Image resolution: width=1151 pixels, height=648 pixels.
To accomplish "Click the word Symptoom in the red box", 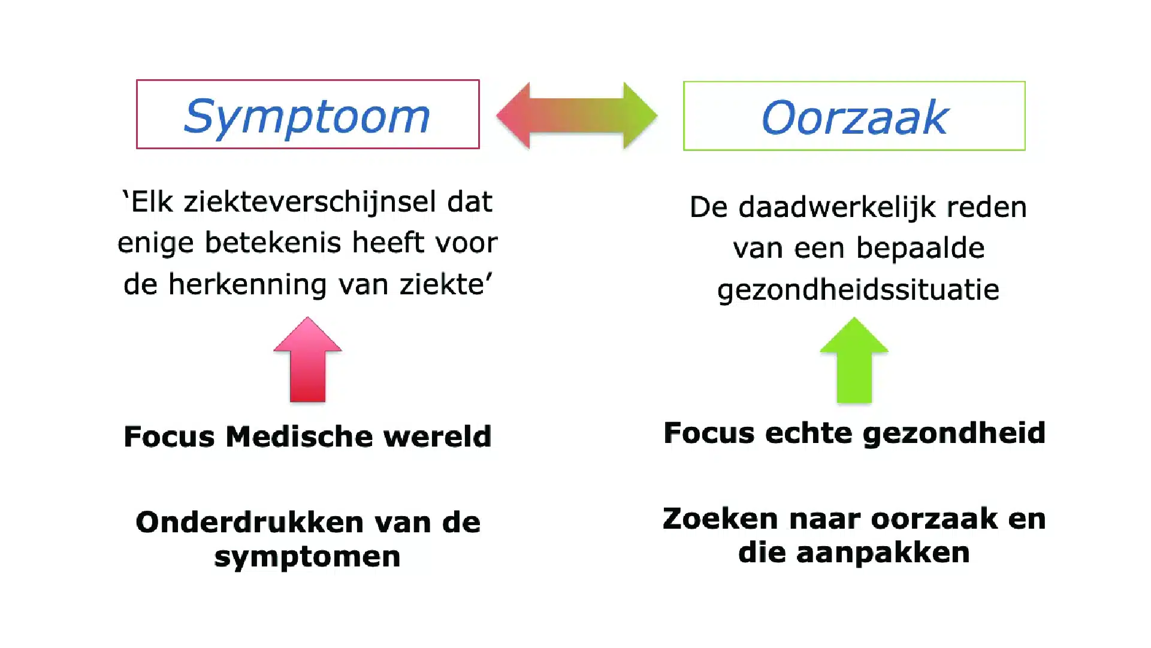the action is (x=307, y=117).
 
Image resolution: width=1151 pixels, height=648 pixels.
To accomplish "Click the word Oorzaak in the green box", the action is (x=854, y=117).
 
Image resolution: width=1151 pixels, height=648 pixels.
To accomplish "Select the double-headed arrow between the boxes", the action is (x=577, y=116).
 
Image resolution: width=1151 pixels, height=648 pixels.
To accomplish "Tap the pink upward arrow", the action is (x=307, y=360).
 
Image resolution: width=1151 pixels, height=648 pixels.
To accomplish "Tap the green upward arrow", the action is (x=854, y=360).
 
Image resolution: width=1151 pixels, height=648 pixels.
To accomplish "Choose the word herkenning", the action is (x=247, y=284).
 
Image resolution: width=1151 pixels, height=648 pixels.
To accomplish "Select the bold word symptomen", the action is (x=307, y=557).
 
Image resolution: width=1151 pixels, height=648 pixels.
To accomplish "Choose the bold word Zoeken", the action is (x=720, y=519).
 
